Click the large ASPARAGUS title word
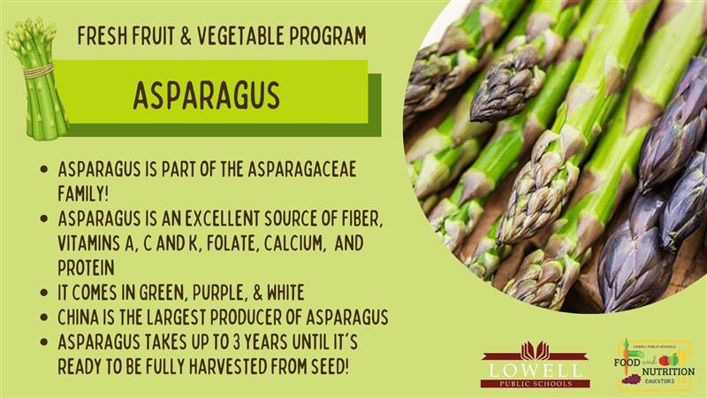207,96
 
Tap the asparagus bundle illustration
36,78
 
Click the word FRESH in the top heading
103,35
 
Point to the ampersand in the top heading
186,35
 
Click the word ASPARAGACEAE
301,169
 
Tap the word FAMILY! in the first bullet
83,194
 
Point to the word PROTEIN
86,268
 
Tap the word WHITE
285,293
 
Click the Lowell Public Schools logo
535,364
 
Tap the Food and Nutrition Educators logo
654,365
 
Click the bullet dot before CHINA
43,318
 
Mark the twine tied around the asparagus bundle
38,72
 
